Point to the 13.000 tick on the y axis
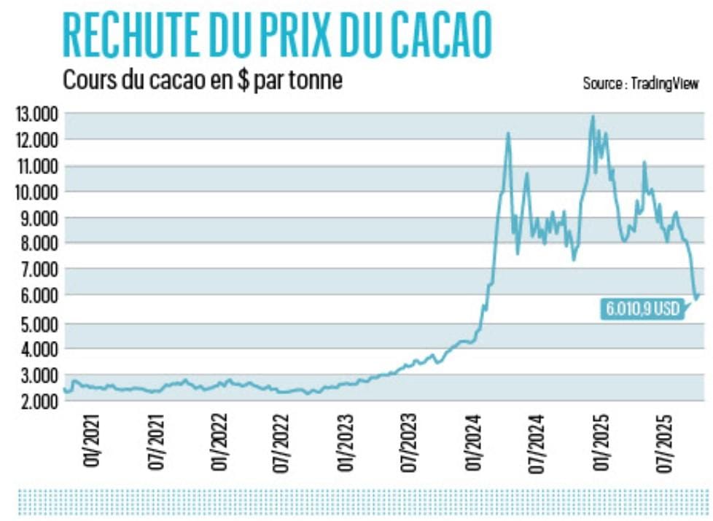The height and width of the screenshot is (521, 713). [x=36, y=114]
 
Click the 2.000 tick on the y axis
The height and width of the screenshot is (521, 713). [x=36, y=401]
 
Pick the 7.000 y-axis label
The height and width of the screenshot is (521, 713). [x=36, y=270]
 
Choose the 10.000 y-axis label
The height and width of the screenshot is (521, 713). [x=36, y=192]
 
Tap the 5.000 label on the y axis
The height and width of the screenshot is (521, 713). [x=36, y=324]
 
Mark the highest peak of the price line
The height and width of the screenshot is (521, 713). [x=593, y=116]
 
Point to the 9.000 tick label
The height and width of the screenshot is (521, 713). [x=36, y=218]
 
